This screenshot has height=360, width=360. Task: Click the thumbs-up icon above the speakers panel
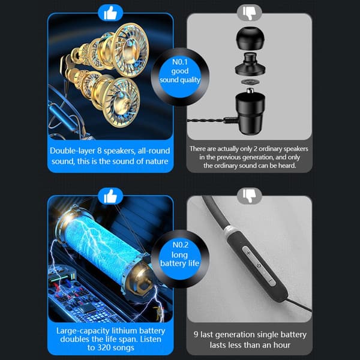tap(110, 13)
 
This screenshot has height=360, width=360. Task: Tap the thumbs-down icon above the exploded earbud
tap(250, 13)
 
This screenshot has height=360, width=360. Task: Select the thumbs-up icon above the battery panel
tap(110, 196)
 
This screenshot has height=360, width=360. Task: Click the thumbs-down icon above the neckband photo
tap(250, 196)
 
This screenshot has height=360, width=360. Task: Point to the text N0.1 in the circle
tap(180, 62)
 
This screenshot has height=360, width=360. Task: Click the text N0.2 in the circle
tap(181, 245)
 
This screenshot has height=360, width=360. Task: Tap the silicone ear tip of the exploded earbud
tap(250, 37)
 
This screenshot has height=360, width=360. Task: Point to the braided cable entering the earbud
tap(206, 121)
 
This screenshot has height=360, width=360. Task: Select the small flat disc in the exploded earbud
tap(250, 82)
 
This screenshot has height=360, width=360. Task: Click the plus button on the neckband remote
tap(248, 253)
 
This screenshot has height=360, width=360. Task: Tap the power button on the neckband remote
tap(259, 266)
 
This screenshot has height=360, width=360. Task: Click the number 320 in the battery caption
tap(104, 347)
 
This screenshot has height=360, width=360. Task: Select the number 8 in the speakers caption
tap(100, 151)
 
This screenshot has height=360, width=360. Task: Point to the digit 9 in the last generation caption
tap(196, 334)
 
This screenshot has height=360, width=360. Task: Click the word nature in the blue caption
tap(156, 161)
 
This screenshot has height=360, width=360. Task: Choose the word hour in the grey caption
tap(282, 345)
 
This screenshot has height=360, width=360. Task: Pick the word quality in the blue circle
tap(190, 80)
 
